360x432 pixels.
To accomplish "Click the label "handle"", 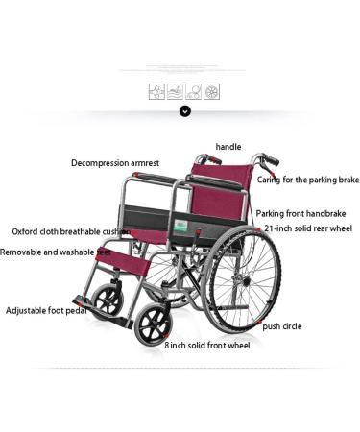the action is tap(228, 147).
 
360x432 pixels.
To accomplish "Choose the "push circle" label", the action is tap(282, 326).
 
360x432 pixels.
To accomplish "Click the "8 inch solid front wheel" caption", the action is tap(206, 345).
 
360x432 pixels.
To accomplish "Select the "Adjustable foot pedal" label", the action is tap(45, 310).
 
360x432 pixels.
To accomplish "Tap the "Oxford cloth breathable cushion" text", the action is tap(71, 231).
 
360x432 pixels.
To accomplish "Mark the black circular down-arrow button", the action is tap(184, 111).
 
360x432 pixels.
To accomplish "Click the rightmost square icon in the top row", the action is tap(212, 91).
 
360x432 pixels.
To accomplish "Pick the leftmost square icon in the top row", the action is tap(156, 91).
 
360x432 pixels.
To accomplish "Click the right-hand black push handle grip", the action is tap(271, 159).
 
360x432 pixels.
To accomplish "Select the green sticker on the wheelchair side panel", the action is tap(180, 226).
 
